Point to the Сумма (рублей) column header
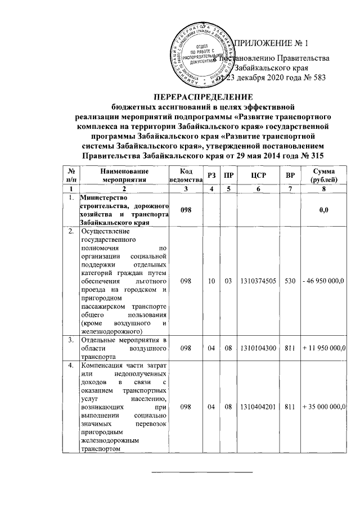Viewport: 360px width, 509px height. [326, 175]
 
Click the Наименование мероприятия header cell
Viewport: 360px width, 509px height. [121, 175]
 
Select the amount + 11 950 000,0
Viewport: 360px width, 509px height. [326, 348]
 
